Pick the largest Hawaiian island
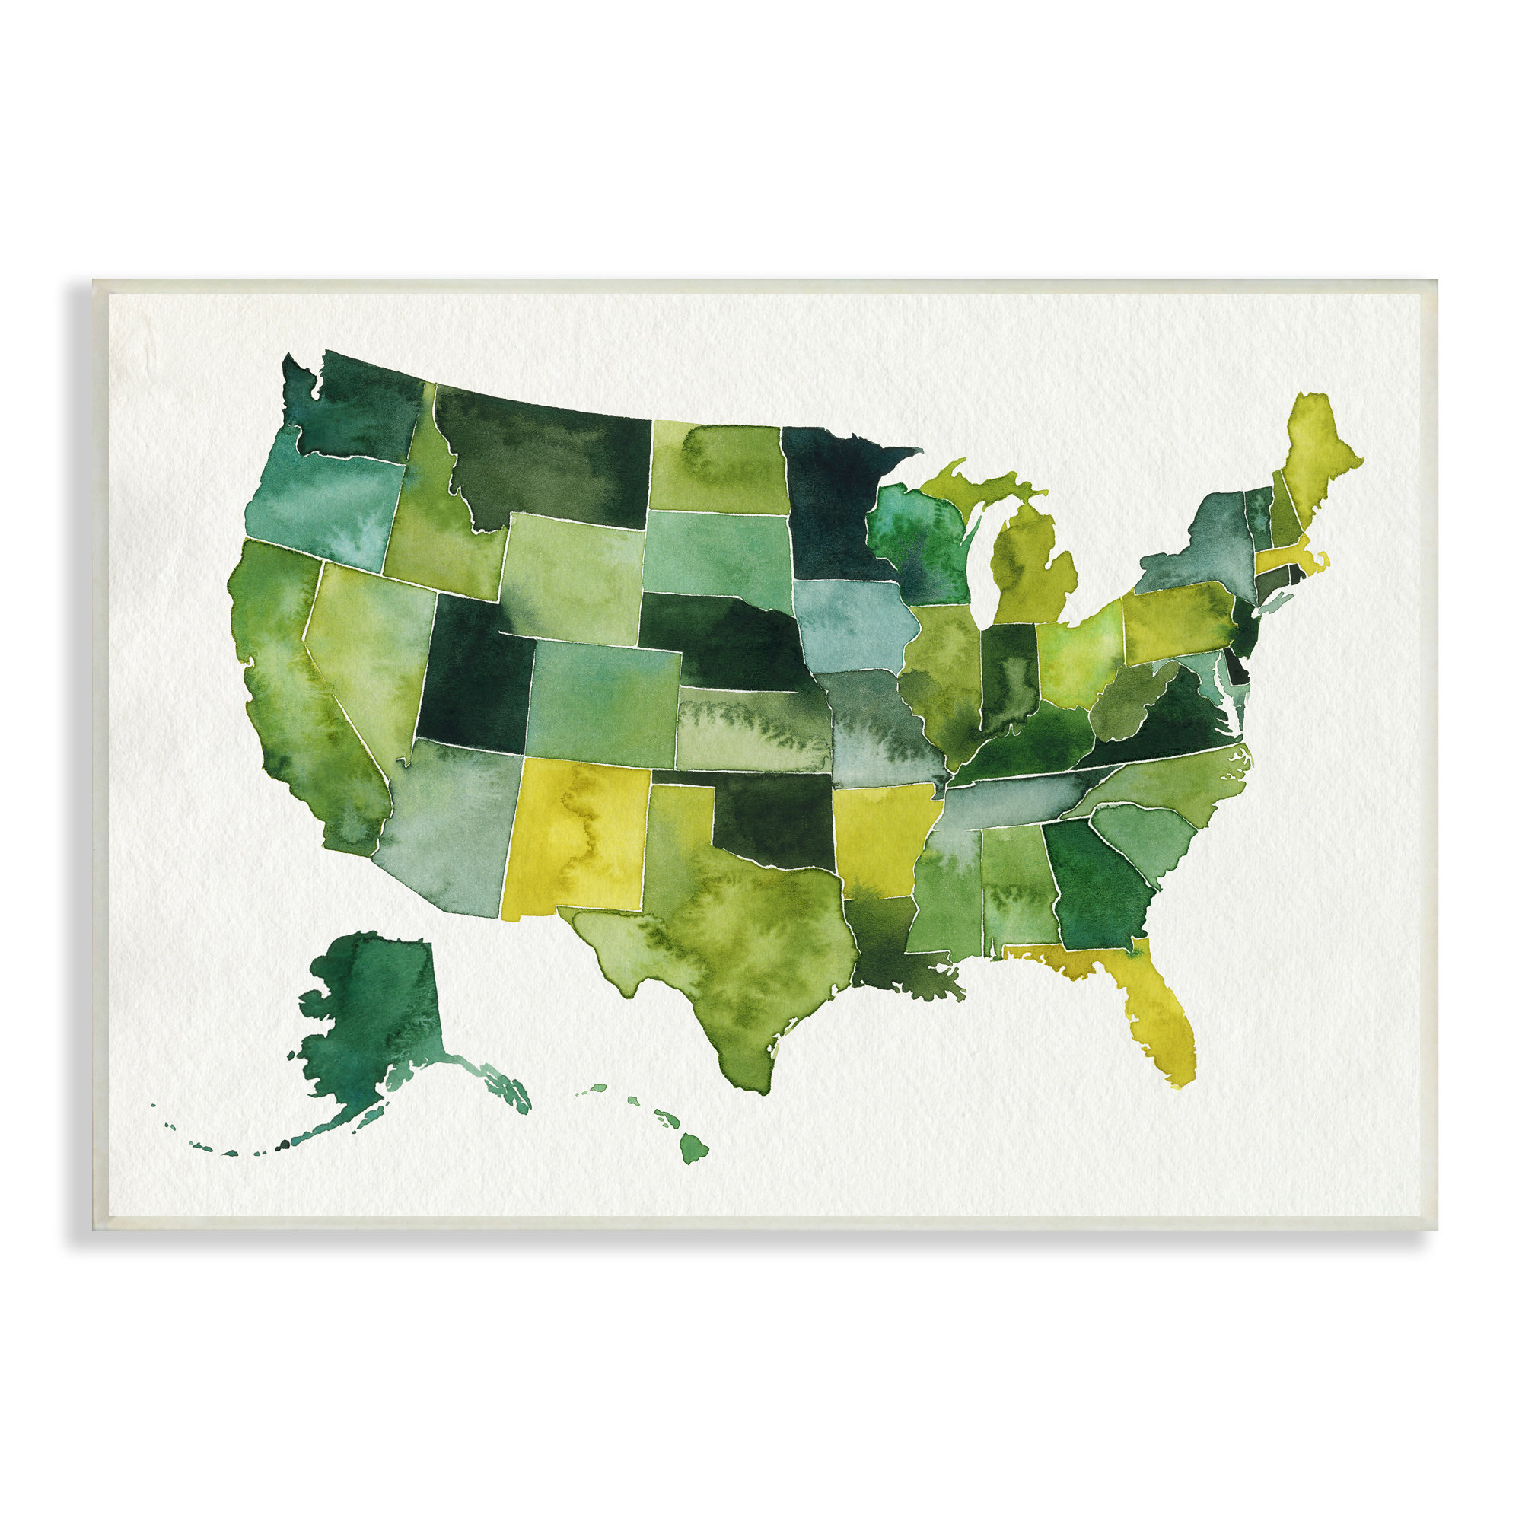(x=693, y=1148)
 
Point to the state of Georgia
(x=1095, y=882)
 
